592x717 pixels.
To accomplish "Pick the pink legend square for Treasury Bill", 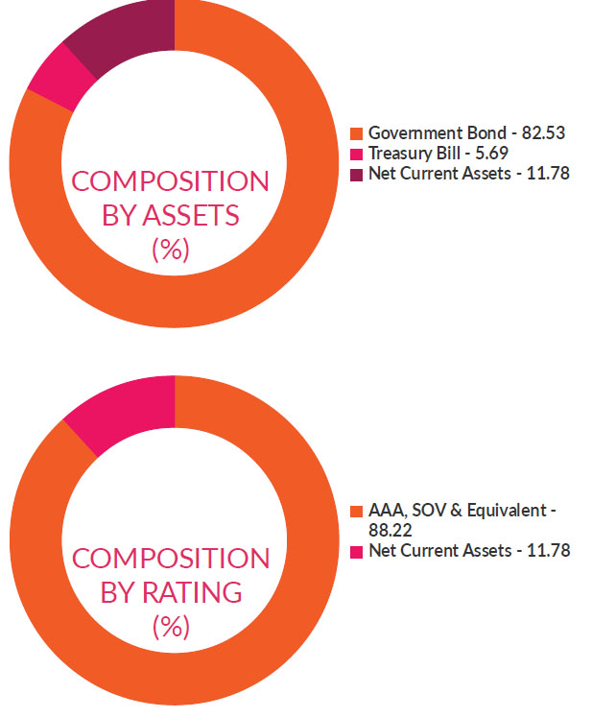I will point(357,154).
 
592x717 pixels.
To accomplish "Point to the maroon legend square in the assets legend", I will point(357,174).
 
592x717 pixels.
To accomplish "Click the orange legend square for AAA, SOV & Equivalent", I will point(357,510).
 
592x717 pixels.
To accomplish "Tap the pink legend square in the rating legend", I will point(357,551).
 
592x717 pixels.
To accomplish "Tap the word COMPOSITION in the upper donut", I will point(171,182).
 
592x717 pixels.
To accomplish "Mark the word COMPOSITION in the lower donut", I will point(171,559).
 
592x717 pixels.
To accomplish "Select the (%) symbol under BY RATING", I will point(171,627).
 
